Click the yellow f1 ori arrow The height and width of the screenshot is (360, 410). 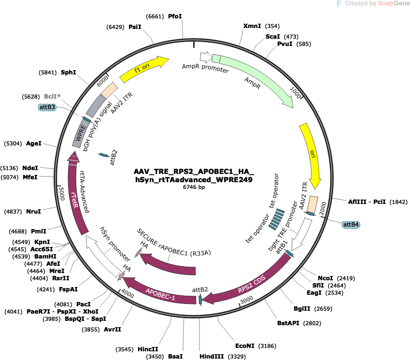pos(143,69)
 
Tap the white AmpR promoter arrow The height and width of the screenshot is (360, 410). pos(206,57)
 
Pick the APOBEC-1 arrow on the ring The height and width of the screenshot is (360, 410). pos(159,293)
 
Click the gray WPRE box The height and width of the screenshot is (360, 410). pos(80,133)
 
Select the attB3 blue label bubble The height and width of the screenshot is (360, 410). pos(47,107)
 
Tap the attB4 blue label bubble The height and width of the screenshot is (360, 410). pos(351,225)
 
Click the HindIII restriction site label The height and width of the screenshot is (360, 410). pos(212,356)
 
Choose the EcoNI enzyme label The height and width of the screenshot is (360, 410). pos(245,346)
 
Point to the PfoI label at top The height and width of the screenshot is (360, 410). pos(175,16)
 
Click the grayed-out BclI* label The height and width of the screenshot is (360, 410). pos(52,97)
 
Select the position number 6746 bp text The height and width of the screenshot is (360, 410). pos(194,187)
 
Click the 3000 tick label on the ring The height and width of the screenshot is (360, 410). pos(247,300)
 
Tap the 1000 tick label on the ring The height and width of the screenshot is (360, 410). pos(296,93)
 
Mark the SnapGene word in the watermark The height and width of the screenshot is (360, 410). pos(394,3)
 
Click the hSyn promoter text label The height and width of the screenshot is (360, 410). pos(115,244)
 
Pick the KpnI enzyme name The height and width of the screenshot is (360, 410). pos(42,242)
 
